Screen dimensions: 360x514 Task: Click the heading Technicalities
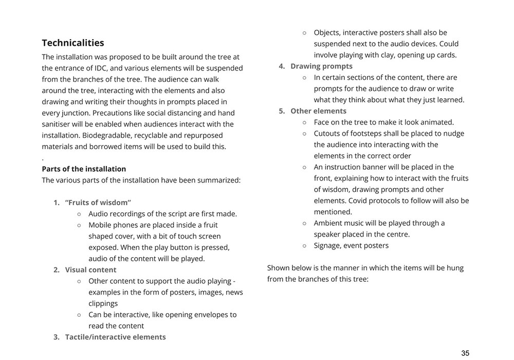(x=73, y=43)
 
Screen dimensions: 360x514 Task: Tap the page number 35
(x=465, y=353)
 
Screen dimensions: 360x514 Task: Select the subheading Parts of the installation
(x=84, y=169)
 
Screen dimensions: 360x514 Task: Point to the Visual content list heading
(x=90, y=269)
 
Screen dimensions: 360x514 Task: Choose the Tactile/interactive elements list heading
(x=115, y=337)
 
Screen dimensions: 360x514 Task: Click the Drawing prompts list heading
(x=321, y=66)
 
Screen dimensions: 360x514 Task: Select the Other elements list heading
(x=318, y=111)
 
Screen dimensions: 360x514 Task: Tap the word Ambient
(x=330, y=223)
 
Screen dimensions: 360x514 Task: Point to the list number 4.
(x=282, y=66)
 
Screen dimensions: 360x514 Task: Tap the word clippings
(x=103, y=303)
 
